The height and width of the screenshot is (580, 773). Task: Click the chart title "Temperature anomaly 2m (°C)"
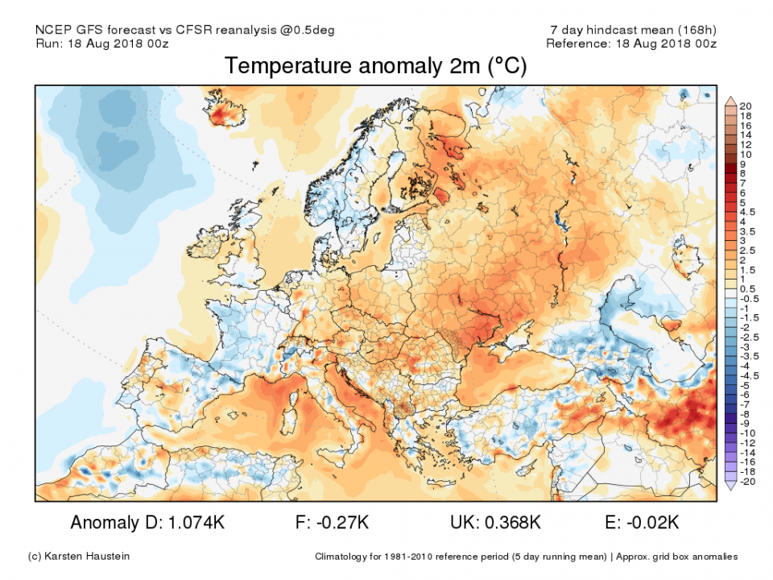(x=375, y=66)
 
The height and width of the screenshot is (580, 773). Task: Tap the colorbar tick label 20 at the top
(x=746, y=106)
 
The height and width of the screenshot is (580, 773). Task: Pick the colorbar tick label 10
(x=746, y=154)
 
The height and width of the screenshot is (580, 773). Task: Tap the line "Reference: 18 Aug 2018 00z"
(x=630, y=43)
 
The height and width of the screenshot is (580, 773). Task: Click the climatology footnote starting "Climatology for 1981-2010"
(x=525, y=557)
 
